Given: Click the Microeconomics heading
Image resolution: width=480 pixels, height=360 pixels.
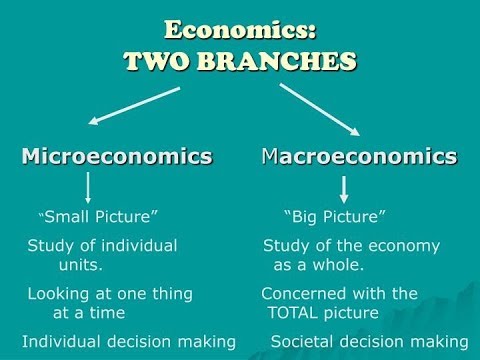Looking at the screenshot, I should [117, 157].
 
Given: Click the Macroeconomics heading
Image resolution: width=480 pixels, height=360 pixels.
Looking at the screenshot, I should [359, 157].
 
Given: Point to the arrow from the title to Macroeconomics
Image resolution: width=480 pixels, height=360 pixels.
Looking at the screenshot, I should [320, 108].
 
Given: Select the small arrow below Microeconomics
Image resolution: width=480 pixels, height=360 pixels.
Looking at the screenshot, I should [89, 188].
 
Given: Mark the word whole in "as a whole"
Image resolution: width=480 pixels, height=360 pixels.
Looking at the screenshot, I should [337, 266].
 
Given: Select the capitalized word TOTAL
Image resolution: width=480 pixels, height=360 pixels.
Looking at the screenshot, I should [301, 313].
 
